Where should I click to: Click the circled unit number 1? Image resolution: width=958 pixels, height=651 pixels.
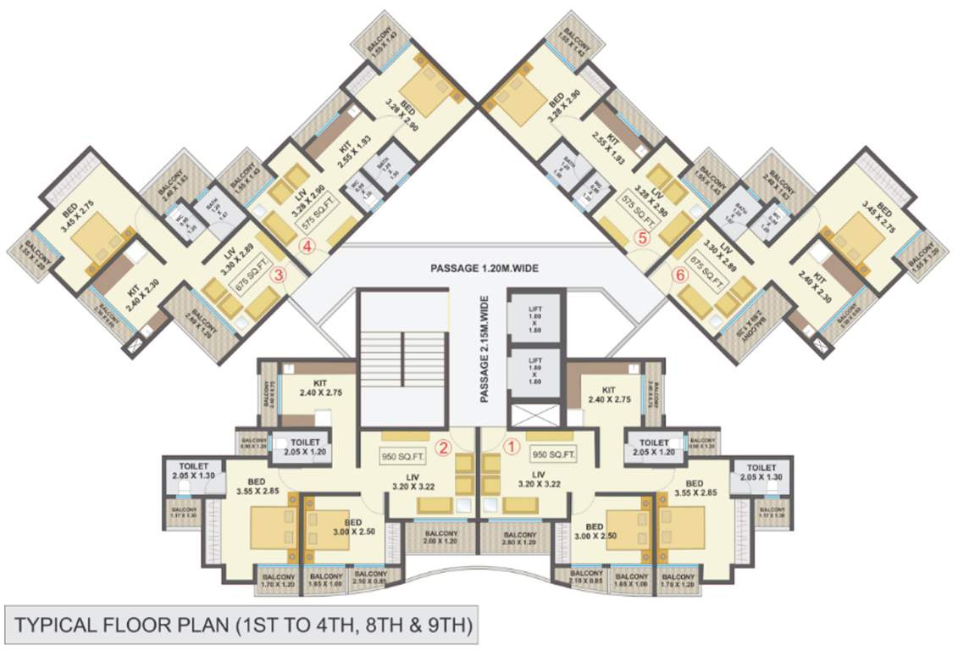tap(511, 443)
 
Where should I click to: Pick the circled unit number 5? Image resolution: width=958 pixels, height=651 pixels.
tap(642, 239)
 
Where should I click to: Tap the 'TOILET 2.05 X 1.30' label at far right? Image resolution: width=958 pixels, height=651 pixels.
tap(761, 472)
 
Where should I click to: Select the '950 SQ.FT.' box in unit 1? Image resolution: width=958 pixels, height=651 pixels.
tap(553, 454)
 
